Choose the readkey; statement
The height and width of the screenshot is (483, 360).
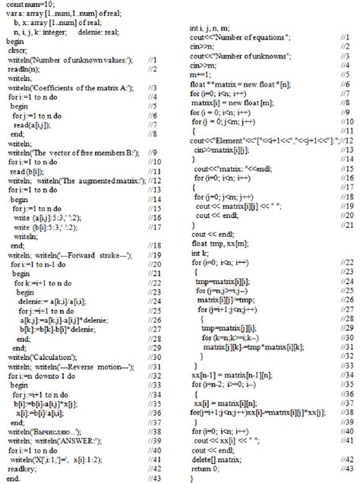coord(24,469)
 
